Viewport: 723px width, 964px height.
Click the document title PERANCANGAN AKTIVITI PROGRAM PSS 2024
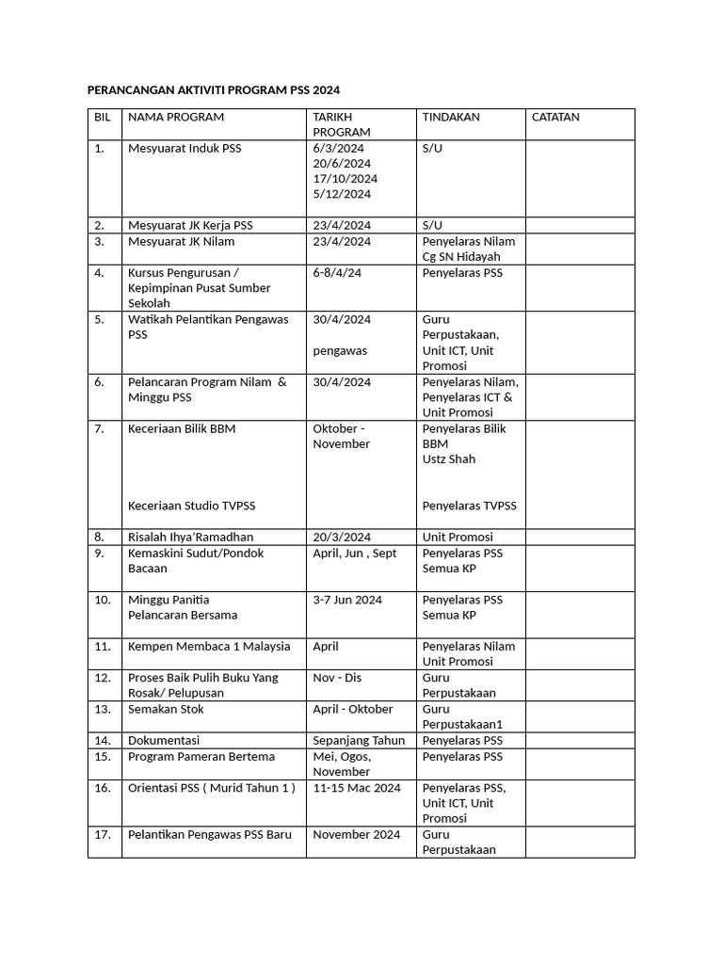click(213, 89)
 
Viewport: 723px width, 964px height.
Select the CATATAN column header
click(555, 118)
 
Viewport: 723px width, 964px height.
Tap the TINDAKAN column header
click(451, 118)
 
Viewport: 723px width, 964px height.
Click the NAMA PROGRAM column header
click(176, 118)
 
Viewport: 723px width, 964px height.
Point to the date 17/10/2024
click(345, 179)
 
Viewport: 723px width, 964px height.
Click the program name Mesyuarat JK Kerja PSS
click(190, 226)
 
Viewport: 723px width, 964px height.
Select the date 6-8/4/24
click(337, 273)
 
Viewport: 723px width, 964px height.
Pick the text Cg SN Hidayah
click(461, 257)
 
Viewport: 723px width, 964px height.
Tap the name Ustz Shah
click(449, 459)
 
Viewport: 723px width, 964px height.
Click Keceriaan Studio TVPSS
click(191, 506)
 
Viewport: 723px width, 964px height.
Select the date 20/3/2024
click(342, 537)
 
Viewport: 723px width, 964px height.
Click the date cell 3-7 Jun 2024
click(347, 600)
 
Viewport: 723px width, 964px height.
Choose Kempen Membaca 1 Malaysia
click(209, 647)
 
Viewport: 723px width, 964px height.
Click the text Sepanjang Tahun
click(359, 741)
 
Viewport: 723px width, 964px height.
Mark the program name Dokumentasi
click(164, 741)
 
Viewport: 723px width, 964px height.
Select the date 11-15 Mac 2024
click(357, 788)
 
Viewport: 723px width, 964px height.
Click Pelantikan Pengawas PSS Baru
click(210, 834)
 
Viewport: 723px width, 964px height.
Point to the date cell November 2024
click(356, 834)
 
